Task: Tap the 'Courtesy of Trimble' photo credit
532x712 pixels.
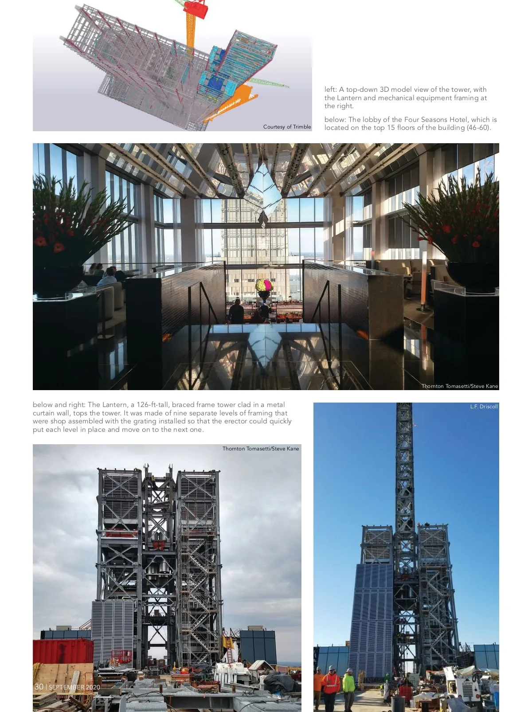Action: [x=287, y=127]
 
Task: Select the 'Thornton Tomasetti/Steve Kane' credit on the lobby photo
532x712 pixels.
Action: [x=460, y=386]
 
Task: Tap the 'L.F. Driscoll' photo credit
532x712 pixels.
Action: [x=484, y=407]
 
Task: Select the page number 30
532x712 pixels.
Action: [x=39, y=687]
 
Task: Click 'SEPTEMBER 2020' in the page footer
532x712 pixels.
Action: [x=74, y=687]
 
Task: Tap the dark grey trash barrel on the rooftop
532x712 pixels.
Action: [x=398, y=703]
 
